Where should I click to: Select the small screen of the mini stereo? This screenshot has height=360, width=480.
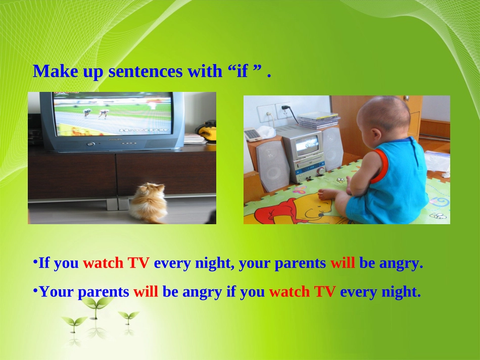[307, 144]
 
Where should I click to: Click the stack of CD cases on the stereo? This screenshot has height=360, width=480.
[318, 120]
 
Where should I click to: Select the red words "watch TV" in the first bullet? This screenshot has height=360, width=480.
[116, 263]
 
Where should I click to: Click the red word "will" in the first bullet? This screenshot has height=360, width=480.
[343, 263]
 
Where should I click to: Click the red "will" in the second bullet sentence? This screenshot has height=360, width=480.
[146, 291]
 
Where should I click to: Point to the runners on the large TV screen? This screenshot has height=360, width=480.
[95, 113]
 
